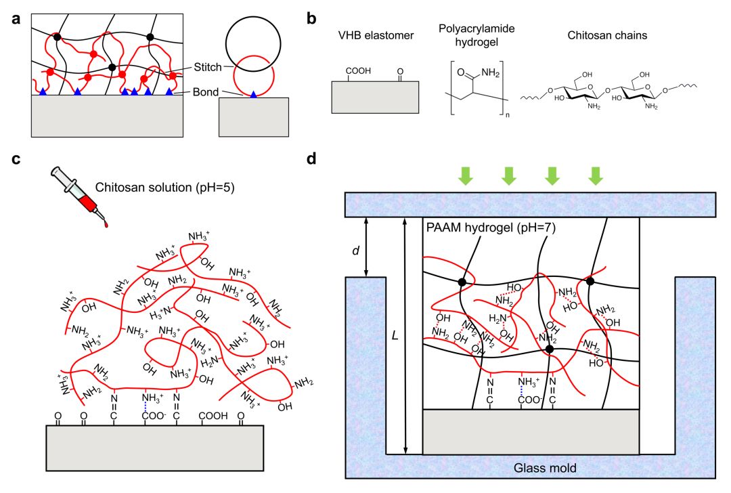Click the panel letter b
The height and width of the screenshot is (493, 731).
(312, 20)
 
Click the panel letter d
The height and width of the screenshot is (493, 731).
(312, 160)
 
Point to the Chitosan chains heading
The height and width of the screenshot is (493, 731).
(603, 35)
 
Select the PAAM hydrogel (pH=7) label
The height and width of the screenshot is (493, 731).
(491, 228)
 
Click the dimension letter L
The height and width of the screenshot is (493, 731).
(394, 335)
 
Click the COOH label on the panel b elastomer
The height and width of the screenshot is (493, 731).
(357, 70)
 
